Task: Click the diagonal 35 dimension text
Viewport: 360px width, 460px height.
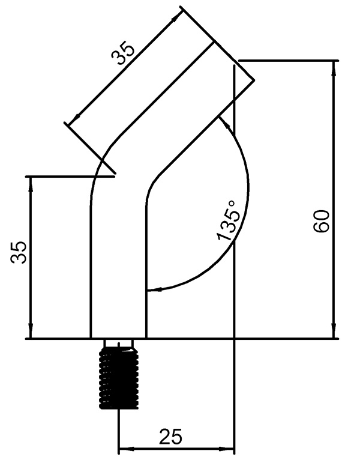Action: (x=124, y=53)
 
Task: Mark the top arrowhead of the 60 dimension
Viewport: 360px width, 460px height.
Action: (x=333, y=66)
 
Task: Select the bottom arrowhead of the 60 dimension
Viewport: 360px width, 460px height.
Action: (x=333, y=333)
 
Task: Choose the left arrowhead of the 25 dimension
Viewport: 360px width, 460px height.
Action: (x=124, y=448)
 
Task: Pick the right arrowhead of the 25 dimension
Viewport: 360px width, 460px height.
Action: (x=229, y=448)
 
